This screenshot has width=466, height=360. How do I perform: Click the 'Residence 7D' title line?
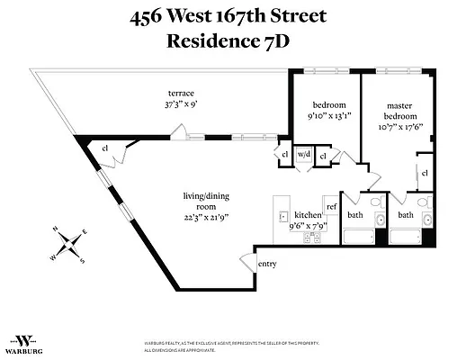(232, 40)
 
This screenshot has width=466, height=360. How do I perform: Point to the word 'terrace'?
(181, 93)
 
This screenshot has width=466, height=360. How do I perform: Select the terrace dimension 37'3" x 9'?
(181, 104)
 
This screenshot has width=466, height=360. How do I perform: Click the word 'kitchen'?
(308, 215)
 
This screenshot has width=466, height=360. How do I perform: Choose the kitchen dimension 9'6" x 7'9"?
(308, 226)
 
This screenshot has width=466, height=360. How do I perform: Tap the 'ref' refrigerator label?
(331, 207)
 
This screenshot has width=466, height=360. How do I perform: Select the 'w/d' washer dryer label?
(303, 154)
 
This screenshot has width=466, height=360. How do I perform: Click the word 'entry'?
(267, 264)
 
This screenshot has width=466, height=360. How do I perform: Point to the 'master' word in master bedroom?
(399, 104)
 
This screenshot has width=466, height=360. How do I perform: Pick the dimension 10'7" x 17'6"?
(399, 126)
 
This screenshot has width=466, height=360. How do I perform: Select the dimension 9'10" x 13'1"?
(324, 114)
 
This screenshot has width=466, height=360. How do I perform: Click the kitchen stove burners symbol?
(314, 238)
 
